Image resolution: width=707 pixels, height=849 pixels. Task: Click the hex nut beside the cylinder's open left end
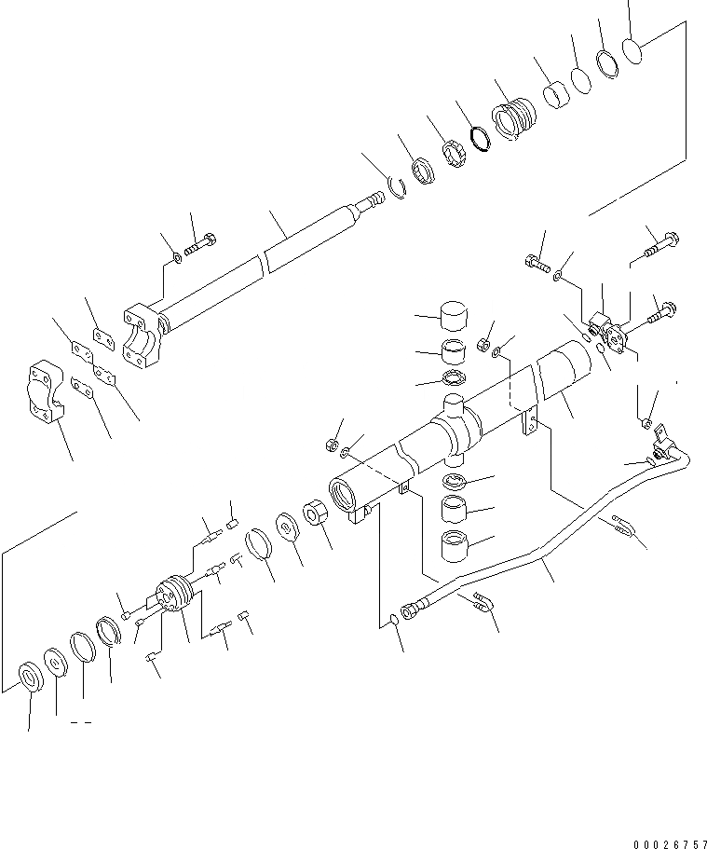(x=315, y=515)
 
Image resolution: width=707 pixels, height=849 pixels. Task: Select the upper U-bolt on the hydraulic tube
(x=623, y=527)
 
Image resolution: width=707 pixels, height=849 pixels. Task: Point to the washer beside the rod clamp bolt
(x=177, y=256)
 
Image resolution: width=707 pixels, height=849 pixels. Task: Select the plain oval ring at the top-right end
(x=633, y=51)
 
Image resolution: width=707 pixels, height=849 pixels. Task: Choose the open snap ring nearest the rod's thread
(x=398, y=188)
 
